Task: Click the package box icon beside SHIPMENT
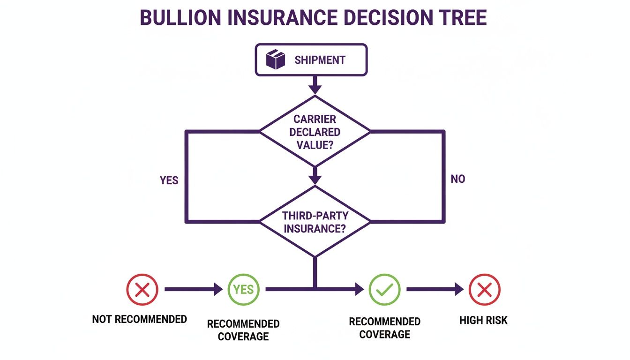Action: tap(276, 60)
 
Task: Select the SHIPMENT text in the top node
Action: tap(320, 60)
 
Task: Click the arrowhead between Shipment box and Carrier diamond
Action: tap(315, 88)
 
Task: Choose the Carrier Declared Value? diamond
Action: tap(315, 132)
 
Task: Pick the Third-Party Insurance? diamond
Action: tap(315, 222)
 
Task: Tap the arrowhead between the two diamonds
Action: tap(315, 179)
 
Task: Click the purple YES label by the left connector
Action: tap(169, 180)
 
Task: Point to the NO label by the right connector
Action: tap(457, 179)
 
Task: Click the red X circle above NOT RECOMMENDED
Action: tap(142, 290)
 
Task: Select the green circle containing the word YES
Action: tap(243, 290)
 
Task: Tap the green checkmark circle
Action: tap(384, 290)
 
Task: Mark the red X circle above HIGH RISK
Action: tap(484, 290)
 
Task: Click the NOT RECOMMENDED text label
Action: tap(139, 320)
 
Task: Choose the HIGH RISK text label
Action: tap(483, 321)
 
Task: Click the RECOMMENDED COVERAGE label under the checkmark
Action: tap(384, 328)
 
